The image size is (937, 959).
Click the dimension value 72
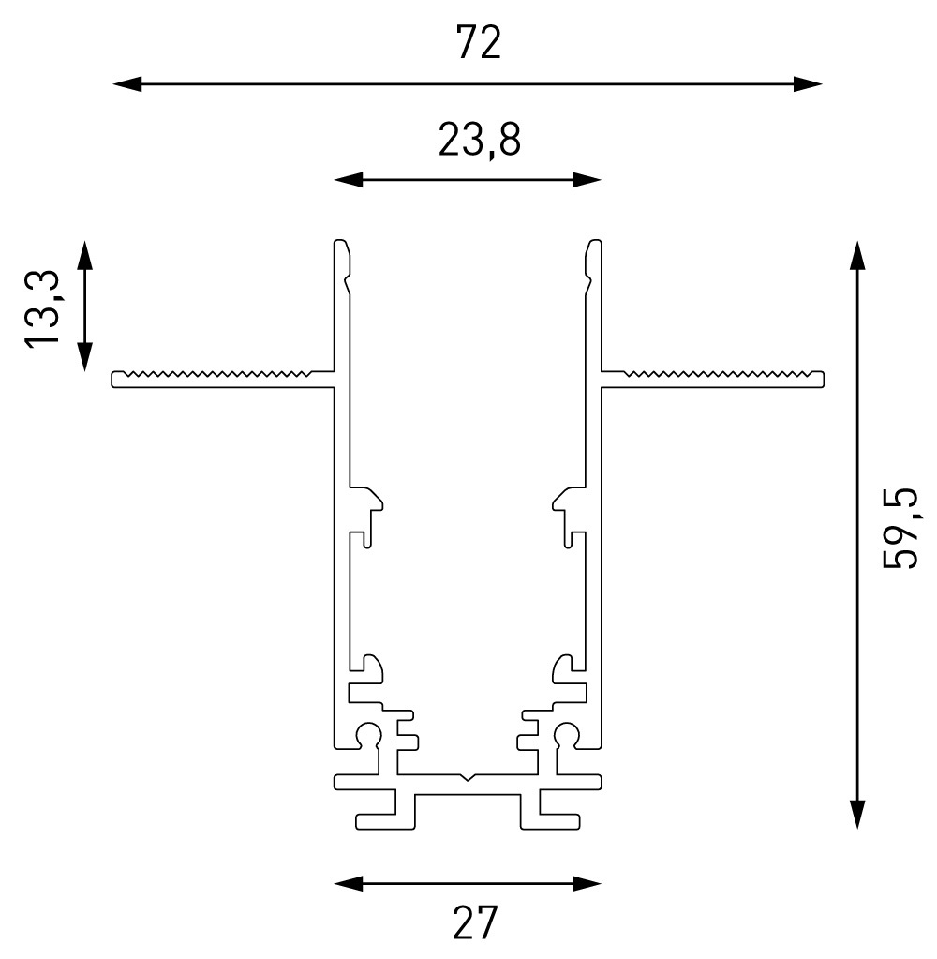[x=478, y=44]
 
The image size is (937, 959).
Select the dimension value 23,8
[x=478, y=140]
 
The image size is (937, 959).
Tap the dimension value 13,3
[x=43, y=308]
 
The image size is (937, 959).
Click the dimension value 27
[x=475, y=922]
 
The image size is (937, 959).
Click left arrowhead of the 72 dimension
[x=126, y=84]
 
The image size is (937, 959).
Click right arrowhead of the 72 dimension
[x=809, y=84]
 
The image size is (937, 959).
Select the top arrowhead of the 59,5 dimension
[x=856, y=254]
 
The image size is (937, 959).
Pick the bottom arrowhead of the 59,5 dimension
[x=856, y=816]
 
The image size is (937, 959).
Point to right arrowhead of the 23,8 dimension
[x=587, y=179]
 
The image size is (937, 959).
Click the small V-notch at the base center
[x=468, y=777]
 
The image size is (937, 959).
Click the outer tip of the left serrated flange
[x=114, y=379]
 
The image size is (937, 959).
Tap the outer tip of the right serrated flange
[x=822, y=379]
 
